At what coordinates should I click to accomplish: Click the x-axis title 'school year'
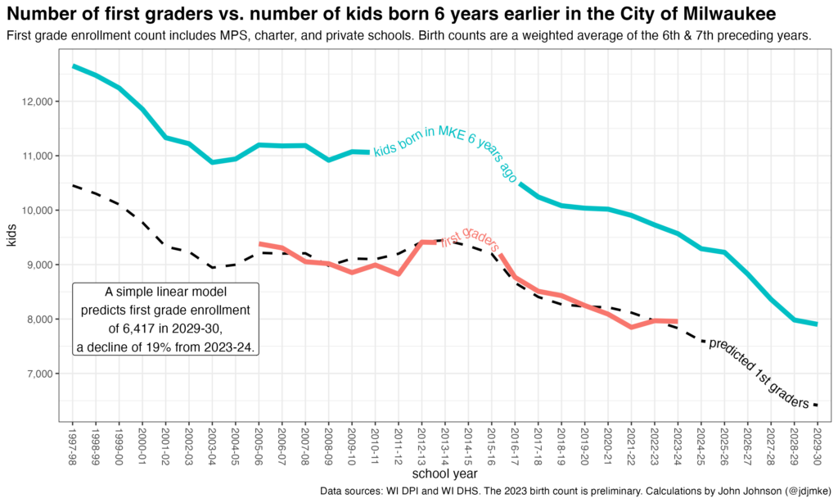pyautogui.click(x=445, y=474)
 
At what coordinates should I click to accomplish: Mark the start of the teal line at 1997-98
pyautogui.click(x=74, y=66)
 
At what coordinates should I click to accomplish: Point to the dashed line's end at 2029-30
pyautogui.click(x=818, y=405)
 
